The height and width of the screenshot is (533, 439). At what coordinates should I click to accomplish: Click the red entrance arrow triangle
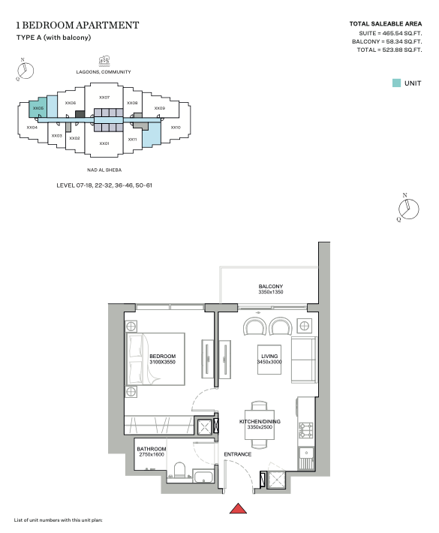click(x=238, y=508)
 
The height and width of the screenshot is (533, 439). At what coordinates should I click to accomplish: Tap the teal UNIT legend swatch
click(x=396, y=83)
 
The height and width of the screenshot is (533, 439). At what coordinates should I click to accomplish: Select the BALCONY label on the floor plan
click(x=270, y=286)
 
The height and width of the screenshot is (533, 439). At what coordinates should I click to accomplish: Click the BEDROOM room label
click(x=162, y=357)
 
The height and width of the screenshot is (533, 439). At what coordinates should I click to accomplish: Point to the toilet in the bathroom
click(x=179, y=470)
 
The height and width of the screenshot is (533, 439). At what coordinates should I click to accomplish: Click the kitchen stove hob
click(x=306, y=430)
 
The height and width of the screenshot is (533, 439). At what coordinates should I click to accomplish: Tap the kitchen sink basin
click(x=306, y=453)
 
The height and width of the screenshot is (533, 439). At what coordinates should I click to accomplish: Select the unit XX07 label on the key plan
click(x=104, y=98)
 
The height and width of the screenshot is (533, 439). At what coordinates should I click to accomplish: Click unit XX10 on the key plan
click(x=176, y=128)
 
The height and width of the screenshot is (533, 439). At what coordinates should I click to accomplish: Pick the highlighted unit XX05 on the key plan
click(x=38, y=108)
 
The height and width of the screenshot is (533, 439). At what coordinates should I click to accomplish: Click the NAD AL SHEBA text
click(x=104, y=170)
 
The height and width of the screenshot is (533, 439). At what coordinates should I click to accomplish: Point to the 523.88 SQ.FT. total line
click(x=389, y=50)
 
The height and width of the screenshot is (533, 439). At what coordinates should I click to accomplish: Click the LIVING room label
click(x=269, y=357)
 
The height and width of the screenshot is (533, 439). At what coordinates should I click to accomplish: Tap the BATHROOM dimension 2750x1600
click(x=152, y=454)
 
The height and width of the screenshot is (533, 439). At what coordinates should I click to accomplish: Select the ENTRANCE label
click(x=237, y=454)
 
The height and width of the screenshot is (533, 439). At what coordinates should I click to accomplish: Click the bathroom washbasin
click(x=203, y=476)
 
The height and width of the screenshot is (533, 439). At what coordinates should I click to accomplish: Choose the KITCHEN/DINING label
click(x=260, y=421)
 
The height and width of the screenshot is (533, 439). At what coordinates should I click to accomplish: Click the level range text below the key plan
click(x=104, y=185)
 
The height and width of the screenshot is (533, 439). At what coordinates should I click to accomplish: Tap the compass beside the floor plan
click(x=408, y=209)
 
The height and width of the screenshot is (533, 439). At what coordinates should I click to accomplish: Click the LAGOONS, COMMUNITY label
click(x=104, y=72)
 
